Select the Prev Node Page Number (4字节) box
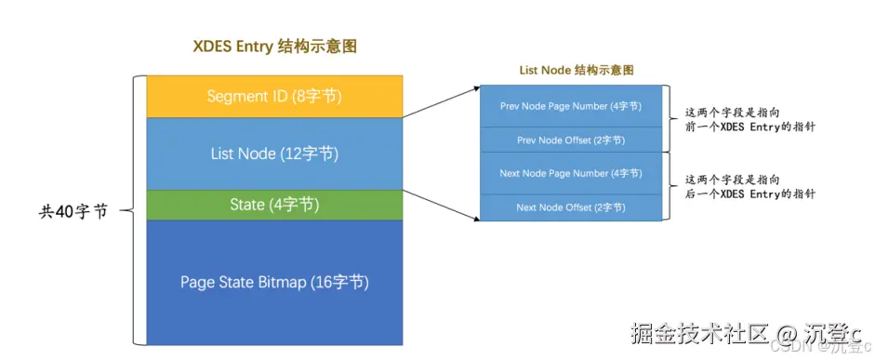(570, 106)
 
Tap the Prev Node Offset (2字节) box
(570, 140)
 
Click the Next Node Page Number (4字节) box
(570, 173)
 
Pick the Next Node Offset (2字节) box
(570, 207)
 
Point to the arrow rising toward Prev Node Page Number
(439, 102)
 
